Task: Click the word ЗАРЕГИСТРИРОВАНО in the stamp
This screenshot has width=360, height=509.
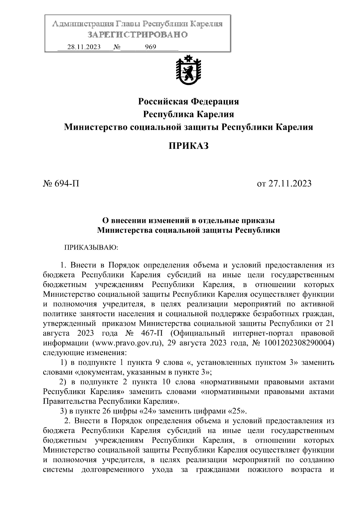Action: (137, 35)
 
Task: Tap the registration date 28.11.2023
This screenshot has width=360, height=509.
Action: (84, 47)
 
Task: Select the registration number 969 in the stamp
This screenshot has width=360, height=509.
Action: (150, 47)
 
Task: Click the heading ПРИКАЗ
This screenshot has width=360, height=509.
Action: (188, 146)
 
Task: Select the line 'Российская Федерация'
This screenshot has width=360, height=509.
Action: (188, 102)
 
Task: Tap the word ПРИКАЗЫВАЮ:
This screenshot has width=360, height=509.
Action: (91, 248)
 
